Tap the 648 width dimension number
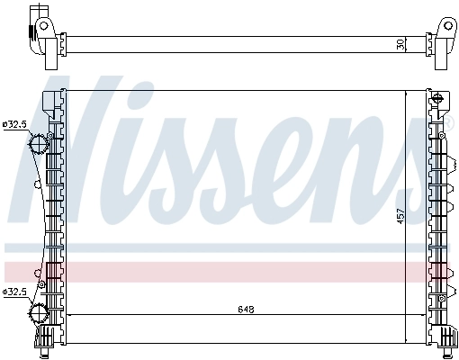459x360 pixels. click(246, 310)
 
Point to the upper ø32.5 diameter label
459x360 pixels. click(15, 123)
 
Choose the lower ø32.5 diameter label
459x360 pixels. click(15, 292)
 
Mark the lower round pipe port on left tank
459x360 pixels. click(39, 313)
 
